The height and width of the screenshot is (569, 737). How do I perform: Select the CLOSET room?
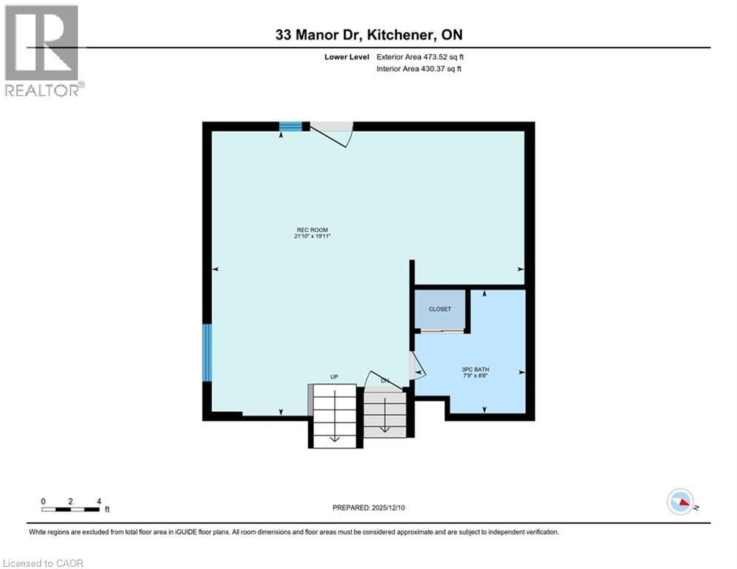[x=440, y=310]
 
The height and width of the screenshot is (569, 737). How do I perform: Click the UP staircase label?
[x=334, y=377]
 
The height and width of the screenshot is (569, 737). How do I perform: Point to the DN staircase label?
[x=384, y=381]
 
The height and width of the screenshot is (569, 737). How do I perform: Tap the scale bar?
[x=70, y=508]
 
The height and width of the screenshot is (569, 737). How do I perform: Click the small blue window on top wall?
[x=290, y=127]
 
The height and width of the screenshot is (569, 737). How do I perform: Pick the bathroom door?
[x=416, y=365]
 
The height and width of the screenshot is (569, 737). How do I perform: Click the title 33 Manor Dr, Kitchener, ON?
[x=369, y=35]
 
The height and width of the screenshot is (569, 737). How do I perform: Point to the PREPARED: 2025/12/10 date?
[x=370, y=508]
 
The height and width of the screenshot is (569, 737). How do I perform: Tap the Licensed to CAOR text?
[x=44, y=563]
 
